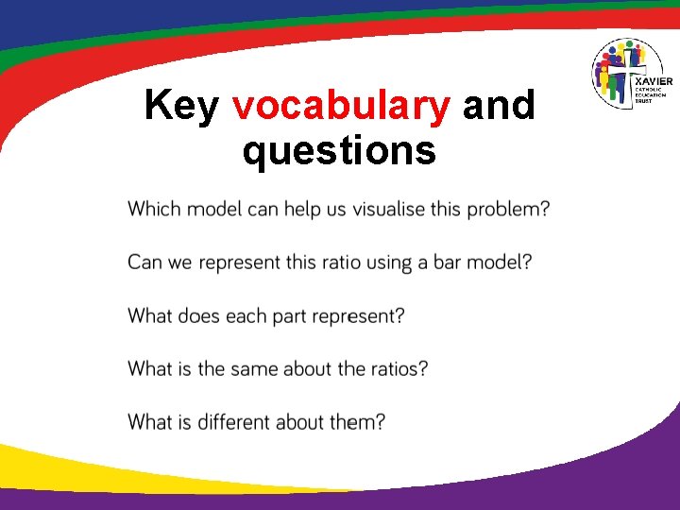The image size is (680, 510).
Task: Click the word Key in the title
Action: [181, 107]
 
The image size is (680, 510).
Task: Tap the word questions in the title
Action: [339, 150]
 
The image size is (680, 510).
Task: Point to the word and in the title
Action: [499, 107]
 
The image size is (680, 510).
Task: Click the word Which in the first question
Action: [154, 209]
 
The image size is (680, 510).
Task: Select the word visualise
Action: [387, 209]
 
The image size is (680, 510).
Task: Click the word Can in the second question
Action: [145, 262]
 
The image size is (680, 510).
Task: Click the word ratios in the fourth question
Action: [396, 368]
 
